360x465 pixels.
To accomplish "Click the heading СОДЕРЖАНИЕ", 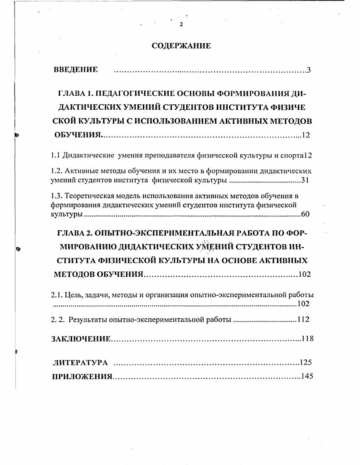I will pos(181,46).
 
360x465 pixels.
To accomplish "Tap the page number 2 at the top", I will pos(181,24).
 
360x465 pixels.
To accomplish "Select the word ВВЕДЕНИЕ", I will pos(76,69).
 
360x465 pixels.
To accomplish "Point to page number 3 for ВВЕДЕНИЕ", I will pos(308,70).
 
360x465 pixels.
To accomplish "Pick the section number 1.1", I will pos(55,155).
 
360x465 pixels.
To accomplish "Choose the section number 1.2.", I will pos(56,171).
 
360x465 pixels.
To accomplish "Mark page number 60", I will pos(306,214).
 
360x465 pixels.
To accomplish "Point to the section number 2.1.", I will pos(56,295).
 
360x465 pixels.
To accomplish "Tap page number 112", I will pos(303,319).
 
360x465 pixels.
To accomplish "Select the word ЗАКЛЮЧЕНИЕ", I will pos(81,339).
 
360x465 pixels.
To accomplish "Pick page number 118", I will pos(307,338).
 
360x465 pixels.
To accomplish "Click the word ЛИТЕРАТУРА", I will pos(80,362).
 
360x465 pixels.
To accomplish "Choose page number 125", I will pos(306,362).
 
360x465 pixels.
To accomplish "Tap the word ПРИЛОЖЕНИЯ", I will pos(82,377).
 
